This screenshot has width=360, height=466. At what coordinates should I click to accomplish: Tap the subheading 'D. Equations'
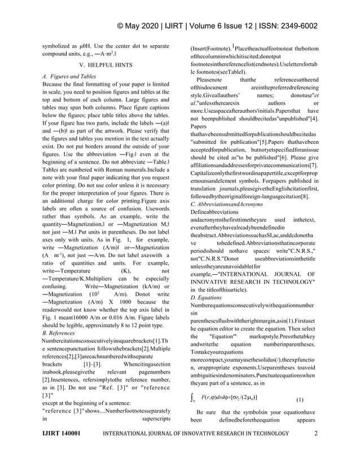(206, 297)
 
